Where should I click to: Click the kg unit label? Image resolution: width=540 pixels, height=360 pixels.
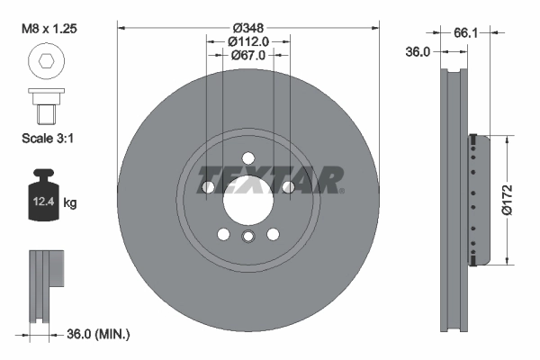point(70,203)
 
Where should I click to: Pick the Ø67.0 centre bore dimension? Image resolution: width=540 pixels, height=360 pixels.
point(248,56)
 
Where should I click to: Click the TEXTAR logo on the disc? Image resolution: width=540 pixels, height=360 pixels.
point(270,179)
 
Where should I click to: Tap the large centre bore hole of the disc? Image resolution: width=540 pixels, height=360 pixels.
point(248,195)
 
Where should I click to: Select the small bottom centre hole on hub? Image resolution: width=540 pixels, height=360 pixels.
point(248,236)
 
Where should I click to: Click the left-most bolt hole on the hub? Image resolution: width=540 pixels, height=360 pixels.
point(209,187)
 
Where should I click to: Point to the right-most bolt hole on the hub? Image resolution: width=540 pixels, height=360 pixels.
point(288,187)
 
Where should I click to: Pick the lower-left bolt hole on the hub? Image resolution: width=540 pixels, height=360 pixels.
point(224,234)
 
